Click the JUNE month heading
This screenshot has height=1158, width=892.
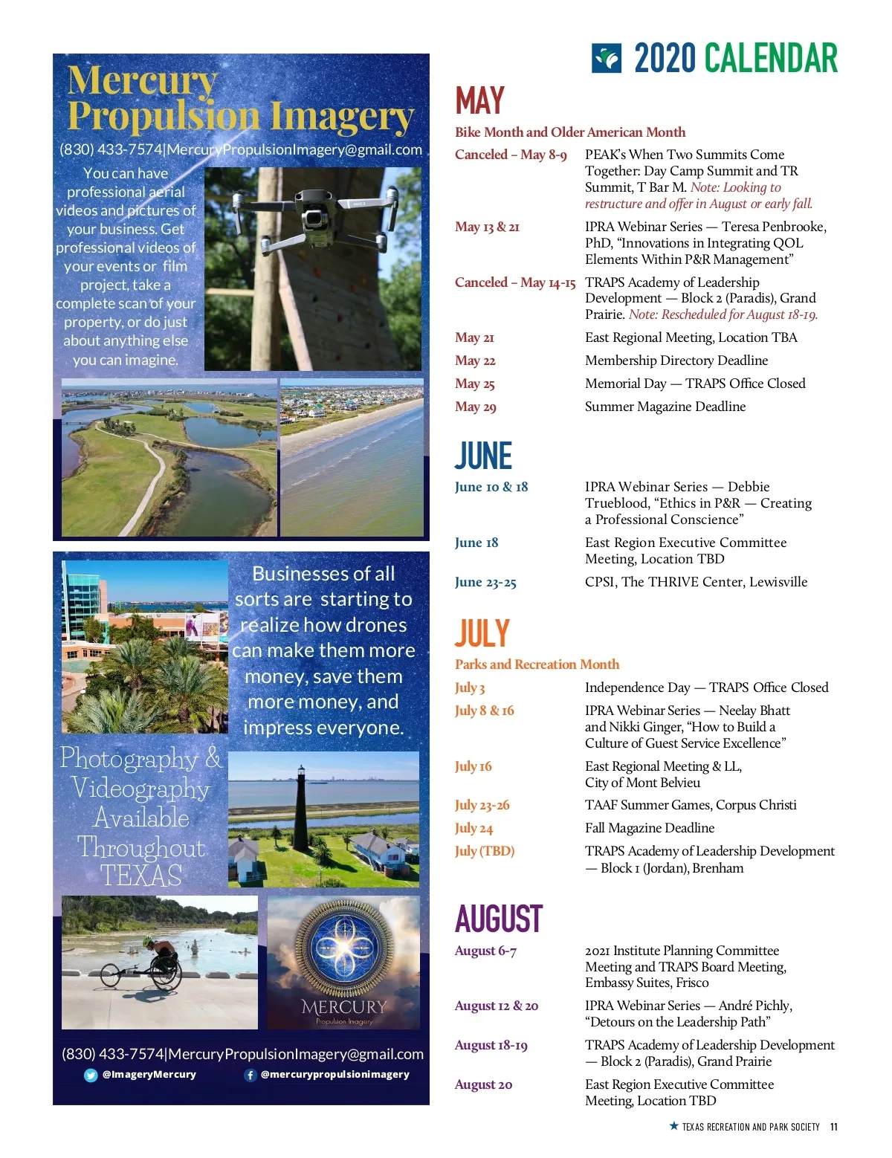[x=483, y=456]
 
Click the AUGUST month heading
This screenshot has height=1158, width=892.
[x=499, y=919]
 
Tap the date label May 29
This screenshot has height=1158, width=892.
[x=476, y=407]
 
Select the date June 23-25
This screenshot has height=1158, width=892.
[x=485, y=582]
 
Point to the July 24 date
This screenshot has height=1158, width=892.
[x=474, y=828]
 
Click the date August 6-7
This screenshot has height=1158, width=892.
[x=485, y=951]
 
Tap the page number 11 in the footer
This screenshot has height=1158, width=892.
[x=834, y=1127]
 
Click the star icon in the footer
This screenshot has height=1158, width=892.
[x=673, y=1126]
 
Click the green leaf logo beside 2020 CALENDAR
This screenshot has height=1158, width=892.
[x=607, y=58]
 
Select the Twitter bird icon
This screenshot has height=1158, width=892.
[x=91, y=1075]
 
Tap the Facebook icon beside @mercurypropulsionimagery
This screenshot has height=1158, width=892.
[x=251, y=1075]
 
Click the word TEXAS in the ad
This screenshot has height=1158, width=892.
[x=140, y=876]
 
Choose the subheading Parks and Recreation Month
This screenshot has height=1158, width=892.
[x=537, y=664]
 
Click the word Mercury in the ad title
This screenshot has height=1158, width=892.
[x=142, y=80]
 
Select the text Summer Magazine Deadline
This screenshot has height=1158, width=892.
[x=665, y=407]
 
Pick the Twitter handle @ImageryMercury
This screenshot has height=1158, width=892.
[x=149, y=1075]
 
